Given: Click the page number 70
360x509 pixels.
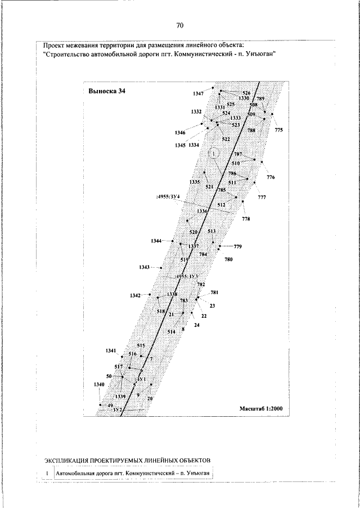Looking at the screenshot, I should [x=180, y=25].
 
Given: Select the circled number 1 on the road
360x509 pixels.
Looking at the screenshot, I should [x=214, y=152].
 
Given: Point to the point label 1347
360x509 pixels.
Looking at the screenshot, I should [x=198, y=93].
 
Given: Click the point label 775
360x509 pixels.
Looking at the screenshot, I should [x=279, y=130].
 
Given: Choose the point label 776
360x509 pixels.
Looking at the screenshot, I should [x=271, y=178].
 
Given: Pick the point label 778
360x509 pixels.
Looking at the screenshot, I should [x=246, y=218].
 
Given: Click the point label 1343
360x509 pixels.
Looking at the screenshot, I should [x=144, y=267].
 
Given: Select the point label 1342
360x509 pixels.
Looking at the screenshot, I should [x=135, y=295].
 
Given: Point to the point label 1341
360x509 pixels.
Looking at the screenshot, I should [x=110, y=350].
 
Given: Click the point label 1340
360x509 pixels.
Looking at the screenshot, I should [x=99, y=384].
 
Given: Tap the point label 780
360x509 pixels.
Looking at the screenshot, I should [x=228, y=259].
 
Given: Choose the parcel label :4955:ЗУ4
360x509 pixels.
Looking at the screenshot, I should [x=168, y=197].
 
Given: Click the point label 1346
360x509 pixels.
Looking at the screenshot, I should [x=180, y=132].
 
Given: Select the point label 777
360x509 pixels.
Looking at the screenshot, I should [x=262, y=197].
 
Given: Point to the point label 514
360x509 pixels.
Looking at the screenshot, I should [x=172, y=332].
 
